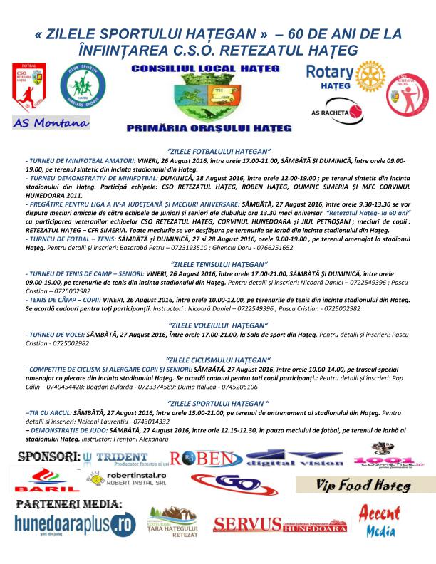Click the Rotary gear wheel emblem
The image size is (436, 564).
(368, 78)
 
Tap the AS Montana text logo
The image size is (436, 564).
(51, 122)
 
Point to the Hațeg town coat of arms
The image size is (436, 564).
(218, 99)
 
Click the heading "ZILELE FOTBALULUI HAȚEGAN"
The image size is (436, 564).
(218, 152)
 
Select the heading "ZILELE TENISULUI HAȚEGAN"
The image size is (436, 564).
(218, 264)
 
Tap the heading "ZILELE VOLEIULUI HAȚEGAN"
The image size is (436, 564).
(218, 325)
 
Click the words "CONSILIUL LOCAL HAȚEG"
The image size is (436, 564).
(217, 70)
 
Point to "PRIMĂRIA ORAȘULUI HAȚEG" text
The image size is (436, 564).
(217, 128)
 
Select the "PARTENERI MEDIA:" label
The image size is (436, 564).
(68, 503)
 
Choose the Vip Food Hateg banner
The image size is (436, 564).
(365, 486)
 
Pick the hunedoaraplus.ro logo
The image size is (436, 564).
(75, 525)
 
